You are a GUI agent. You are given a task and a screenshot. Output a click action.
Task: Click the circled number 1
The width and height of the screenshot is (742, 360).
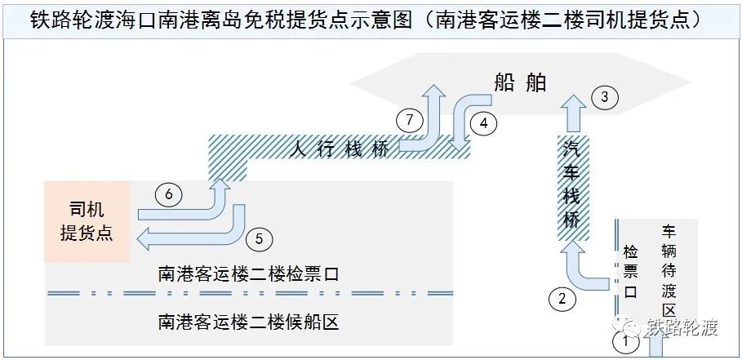point(625,341)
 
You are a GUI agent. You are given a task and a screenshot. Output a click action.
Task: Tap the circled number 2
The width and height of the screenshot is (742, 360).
point(562,299)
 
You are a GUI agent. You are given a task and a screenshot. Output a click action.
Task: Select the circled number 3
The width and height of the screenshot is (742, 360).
point(604,98)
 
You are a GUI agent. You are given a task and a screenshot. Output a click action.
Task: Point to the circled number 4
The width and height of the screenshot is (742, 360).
point(483,123)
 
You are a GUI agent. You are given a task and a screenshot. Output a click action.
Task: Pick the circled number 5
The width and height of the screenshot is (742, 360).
point(260,239)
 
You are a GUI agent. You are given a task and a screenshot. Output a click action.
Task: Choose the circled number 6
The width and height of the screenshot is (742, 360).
point(167,195)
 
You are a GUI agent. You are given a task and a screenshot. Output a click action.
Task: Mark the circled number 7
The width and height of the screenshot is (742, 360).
point(410,120)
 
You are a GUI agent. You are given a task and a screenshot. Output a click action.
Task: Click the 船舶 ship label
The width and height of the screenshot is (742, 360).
point(520,82)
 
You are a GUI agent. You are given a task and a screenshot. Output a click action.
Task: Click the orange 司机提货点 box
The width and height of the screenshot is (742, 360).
point(87,221)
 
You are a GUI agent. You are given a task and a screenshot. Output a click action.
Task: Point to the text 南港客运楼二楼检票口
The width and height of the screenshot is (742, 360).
point(248,274)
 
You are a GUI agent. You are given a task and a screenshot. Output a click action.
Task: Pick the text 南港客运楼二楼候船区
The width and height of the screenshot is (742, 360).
point(248,322)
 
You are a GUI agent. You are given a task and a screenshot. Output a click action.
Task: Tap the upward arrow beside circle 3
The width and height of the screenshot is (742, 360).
point(576,113)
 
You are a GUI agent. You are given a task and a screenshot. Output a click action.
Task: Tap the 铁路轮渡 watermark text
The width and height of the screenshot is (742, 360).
point(682,327)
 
